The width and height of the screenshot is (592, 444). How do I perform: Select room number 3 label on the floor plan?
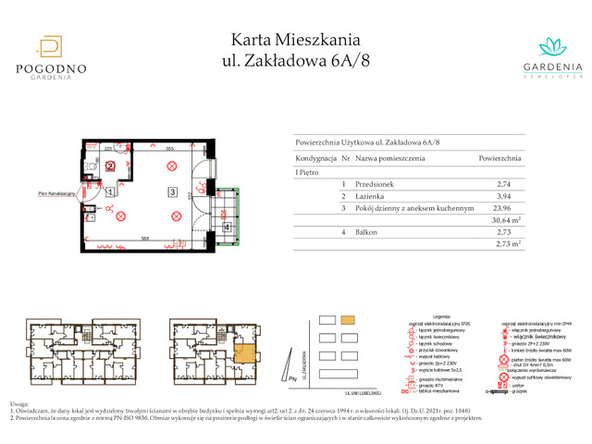point(172,192)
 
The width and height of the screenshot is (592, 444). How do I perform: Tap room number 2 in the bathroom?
point(110,166)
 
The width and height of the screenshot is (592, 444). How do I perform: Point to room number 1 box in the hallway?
point(109,192)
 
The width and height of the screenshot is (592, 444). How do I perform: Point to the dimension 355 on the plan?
point(169,147)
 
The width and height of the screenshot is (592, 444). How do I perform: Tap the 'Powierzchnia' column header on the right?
point(499,159)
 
